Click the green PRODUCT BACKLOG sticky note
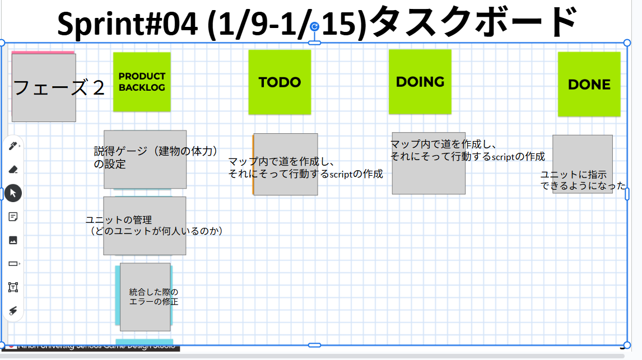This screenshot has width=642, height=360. point(142,82)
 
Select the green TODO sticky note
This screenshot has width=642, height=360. point(280,82)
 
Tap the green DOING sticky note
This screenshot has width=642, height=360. point(420,82)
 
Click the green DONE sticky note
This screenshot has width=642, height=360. point(589,85)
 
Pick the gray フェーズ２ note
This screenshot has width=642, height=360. point(44,88)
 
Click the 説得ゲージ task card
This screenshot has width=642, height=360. point(145,160)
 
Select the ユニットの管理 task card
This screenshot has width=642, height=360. point(145,226)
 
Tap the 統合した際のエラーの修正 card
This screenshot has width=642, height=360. point(145,297)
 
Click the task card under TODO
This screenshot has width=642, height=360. point(286,164)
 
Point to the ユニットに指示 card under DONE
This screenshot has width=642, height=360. point(583,164)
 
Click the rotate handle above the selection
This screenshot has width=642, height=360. point(315,26)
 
